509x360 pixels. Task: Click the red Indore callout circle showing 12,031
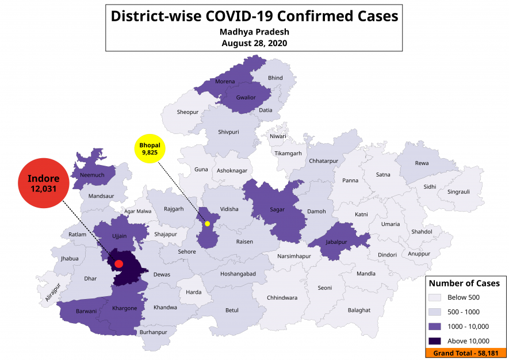44,183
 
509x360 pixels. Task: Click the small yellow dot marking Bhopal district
207,223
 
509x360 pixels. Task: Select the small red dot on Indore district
118,264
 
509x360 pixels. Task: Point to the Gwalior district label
246,97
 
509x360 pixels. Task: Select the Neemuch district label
92,175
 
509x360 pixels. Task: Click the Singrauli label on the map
458,192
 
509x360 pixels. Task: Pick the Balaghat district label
359,310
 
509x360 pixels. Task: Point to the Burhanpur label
153,332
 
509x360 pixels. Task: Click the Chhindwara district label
282,297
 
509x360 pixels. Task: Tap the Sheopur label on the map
187,112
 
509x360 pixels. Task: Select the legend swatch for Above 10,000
435,340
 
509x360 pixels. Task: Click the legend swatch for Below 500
435,297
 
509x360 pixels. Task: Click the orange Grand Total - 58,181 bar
466,353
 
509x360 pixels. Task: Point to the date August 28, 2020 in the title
254,43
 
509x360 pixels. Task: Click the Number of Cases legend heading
464,283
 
